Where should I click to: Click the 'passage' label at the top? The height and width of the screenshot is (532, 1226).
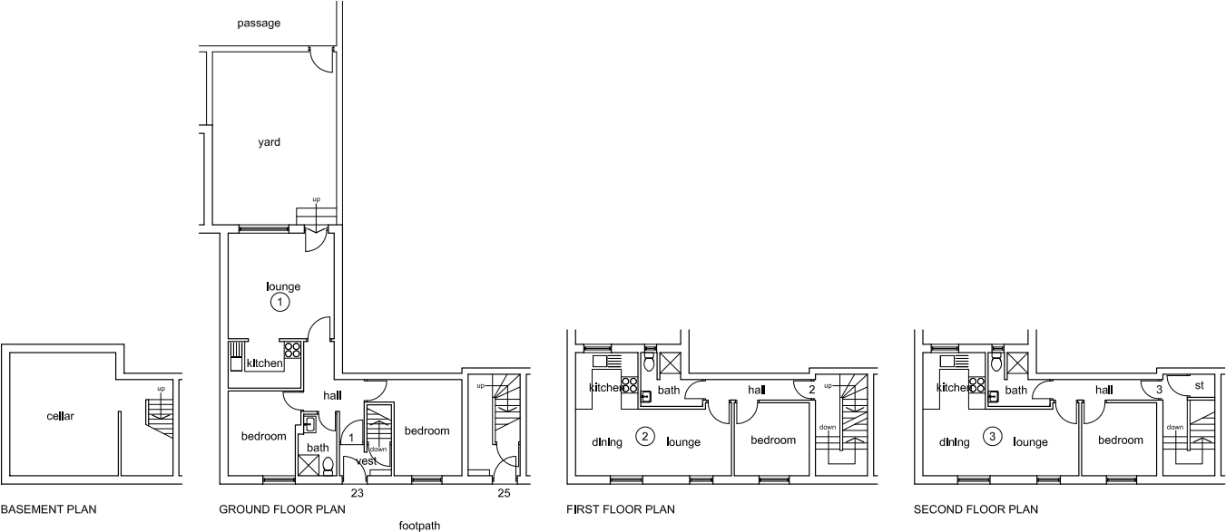tap(259, 23)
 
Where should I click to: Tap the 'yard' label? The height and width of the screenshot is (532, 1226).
tap(269, 142)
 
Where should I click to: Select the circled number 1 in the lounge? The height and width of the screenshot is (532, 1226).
tap(280, 302)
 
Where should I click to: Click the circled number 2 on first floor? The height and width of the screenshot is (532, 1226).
tap(645, 437)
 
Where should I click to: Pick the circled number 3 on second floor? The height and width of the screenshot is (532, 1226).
tap(994, 437)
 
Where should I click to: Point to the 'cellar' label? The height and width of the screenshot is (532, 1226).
tap(60, 417)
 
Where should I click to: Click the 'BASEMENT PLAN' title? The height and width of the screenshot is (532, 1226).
tap(48, 510)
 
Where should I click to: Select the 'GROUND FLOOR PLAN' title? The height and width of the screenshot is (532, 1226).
tap(282, 510)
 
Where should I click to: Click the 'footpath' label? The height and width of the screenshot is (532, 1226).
tap(420, 525)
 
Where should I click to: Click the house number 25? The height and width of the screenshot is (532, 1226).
tap(504, 494)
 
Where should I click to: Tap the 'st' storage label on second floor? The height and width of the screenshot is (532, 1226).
tap(1199, 384)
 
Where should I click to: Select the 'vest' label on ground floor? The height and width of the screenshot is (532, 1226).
tap(367, 461)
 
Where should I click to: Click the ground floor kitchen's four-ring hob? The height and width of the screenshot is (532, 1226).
tap(292, 351)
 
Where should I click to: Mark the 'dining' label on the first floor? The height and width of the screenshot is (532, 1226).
tap(607, 442)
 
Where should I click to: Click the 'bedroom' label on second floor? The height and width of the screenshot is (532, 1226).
tap(1120, 440)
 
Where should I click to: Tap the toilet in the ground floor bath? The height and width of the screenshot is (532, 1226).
tap(329, 466)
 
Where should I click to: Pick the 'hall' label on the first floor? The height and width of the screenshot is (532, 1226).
tap(758, 390)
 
